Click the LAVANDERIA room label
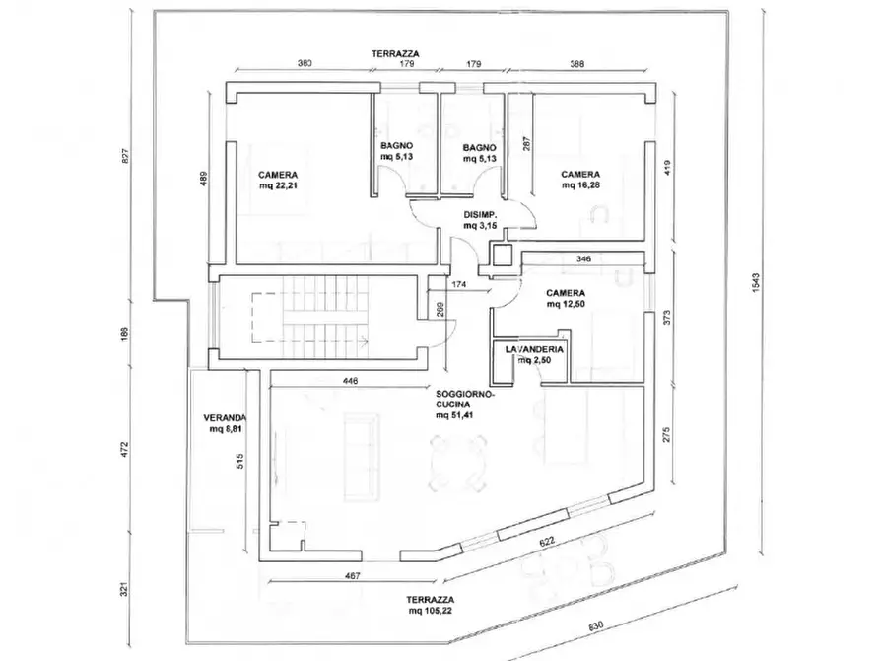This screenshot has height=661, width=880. pyautogui.click(x=533, y=350)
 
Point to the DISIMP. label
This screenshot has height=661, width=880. pyautogui.click(x=481, y=215)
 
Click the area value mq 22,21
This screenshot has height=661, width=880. pyautogui.click(x=280, y=184)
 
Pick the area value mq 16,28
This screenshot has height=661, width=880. pyautogui.click(x=581, y=184)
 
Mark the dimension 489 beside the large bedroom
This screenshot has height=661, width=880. pyautogui.click(x=204, y=181)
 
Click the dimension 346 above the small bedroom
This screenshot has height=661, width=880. pyautogui.click(x=583, y=258)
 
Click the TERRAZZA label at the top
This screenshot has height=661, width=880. pyautogui.click(x=391, y=51)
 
